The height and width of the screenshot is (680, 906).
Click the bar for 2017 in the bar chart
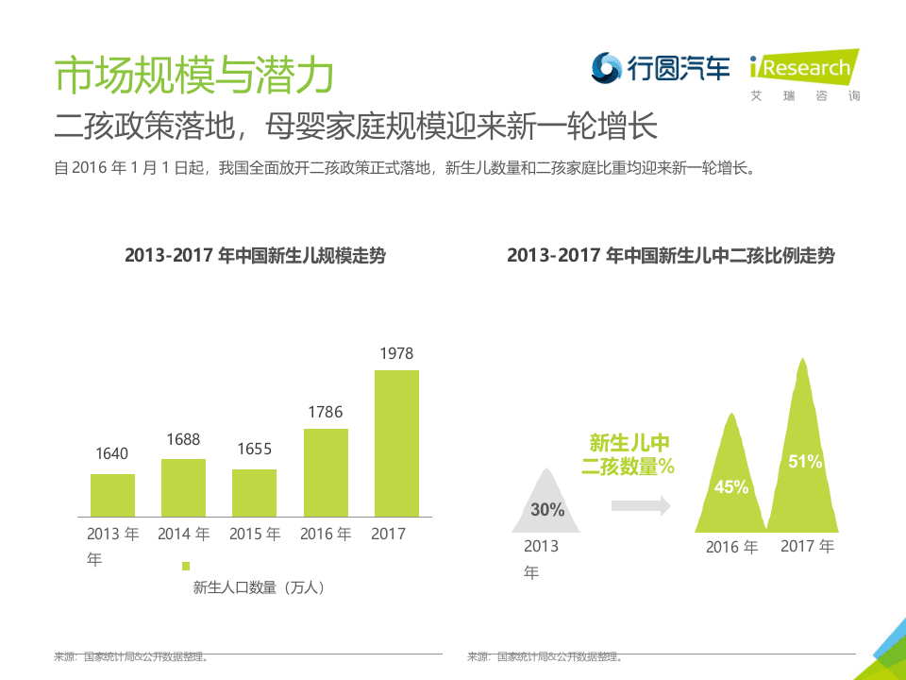coord(396,443)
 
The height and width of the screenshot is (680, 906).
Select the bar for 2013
coord(112,495)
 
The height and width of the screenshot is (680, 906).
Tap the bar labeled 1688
coord(183,487)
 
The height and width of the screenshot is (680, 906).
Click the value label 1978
coord(396,354)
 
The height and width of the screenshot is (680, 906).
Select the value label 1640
coord(112,454)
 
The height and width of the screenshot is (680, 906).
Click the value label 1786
coord(326,413)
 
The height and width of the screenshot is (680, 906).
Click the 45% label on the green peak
coord(731,487)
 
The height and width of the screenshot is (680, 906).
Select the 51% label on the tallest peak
coord(805,462)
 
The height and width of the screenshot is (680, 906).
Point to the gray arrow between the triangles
coord(641,506)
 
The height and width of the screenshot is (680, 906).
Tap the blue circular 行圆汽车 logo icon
coord(606,67)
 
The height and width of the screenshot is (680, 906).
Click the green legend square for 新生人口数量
coord(186,566)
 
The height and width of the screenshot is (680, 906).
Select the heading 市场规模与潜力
coord(193,76)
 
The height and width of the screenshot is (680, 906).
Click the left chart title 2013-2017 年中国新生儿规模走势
coord(255,256)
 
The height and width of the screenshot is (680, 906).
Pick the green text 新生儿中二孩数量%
coord(629,454)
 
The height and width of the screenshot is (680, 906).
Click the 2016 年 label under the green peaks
coord(731,547)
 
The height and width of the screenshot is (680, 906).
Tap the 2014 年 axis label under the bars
coord(183,534)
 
